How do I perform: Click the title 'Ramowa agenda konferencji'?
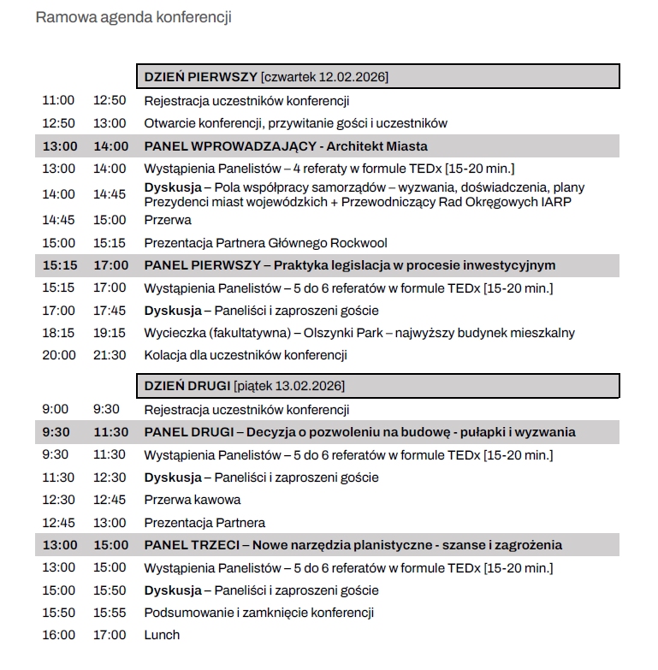click(x=133, y=17)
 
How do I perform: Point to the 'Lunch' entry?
click(x=162, y=635)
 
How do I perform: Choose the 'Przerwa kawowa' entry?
click(x=192, y=500)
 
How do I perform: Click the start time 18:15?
click(x=58, y=333)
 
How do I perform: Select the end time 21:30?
click(x=110, y=355)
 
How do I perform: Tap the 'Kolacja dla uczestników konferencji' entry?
click(x=245, y=355)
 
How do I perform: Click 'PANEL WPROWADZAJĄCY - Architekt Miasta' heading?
click(x=286, y=146)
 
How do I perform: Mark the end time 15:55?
click(x=110, y=613)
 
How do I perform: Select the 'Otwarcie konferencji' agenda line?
click(x=295, y=123)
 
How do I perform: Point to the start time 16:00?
click(x=58, y=635)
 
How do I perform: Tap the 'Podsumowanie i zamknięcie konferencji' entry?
click(x=258, y=613)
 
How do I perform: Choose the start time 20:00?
click(x=58, y=355)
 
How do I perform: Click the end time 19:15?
click(x=110, y=333)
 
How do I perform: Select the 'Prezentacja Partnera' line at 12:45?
click(x=205, y=522)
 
